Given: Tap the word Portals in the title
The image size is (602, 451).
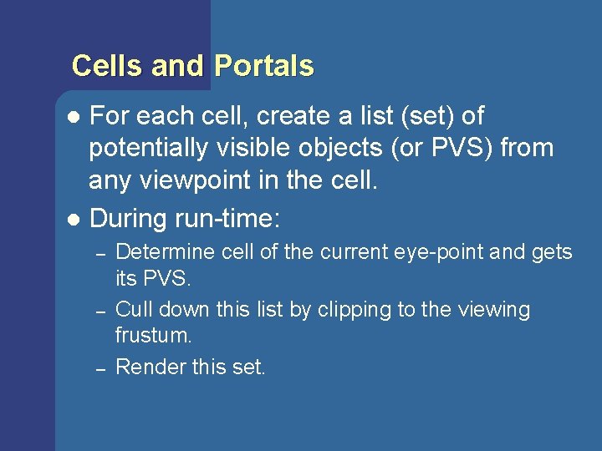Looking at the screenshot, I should [x=264, y=66].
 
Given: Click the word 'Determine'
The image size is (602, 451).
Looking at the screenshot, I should [x=159, y=251].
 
